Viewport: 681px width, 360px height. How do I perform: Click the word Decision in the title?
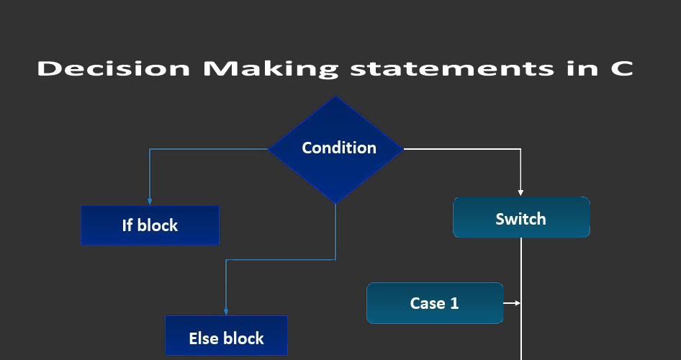click(x=114, y=69)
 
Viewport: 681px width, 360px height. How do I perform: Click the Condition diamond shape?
click(x=336, y=149)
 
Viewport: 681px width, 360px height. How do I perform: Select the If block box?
click(x=150, y=225)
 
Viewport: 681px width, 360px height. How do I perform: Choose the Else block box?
click(x=226, y=337)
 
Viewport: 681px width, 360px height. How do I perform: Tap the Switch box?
click(x=521, y=217)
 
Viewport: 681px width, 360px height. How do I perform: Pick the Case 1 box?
click(x=435, y=303)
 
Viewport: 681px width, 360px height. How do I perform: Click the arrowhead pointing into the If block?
click(x=150, y=202)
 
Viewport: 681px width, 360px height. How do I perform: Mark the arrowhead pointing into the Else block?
click(x=226, y=312)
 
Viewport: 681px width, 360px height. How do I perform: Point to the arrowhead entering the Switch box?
click(x=520, y=193)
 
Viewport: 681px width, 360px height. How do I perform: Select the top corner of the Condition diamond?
click(x=336, y=98)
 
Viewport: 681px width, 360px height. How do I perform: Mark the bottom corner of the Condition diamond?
click(x=336, y=202)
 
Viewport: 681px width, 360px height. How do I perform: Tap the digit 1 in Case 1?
click(x=454, y=303)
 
